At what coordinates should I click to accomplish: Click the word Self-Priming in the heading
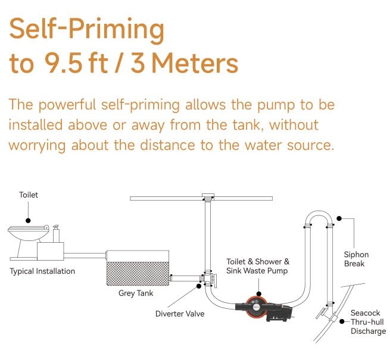tap(87, 30)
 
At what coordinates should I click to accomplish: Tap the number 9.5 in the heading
tap(63, 63)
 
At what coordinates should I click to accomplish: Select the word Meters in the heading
tap(195, 63)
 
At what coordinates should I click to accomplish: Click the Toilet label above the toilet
tap(29, 195)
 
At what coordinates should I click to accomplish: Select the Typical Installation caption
tap(42, 271)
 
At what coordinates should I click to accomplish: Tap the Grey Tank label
tap(136, 293)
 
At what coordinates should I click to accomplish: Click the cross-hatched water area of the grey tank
tap(138, 274)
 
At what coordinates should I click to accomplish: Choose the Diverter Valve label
tap(180, 314)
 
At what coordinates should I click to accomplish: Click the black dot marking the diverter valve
tap(199, 286)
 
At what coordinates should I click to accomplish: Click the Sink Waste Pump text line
tap(257, 271)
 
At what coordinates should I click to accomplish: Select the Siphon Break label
tap(356, 259)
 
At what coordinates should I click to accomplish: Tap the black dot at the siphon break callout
tap(339, 218)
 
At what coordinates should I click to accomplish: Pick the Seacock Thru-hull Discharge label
tap(368, 322)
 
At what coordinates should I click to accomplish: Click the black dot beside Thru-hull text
tap(342, 321)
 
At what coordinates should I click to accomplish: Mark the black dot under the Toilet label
tap(28, 221)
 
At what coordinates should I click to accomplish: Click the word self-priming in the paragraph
tap(141, 105)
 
